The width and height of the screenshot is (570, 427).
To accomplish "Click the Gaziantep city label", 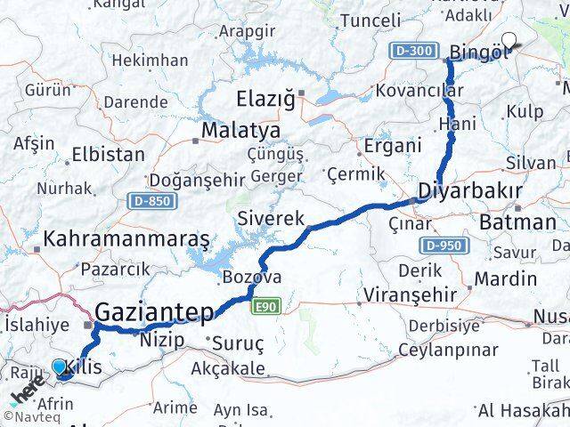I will (x=154, y=313).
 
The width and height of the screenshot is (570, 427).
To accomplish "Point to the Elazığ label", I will (x=265, y=98).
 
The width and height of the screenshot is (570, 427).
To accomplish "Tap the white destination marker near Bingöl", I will (x=510, y=40).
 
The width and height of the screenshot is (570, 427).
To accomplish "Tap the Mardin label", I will (x=505, y=278).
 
